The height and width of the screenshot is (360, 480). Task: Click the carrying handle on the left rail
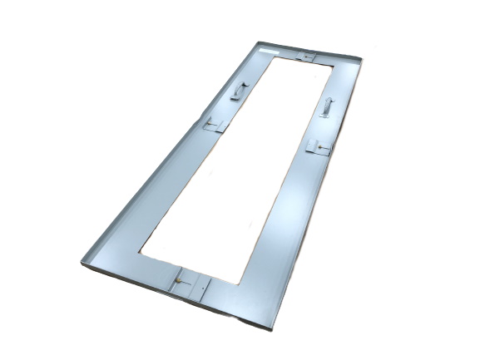point(240,89)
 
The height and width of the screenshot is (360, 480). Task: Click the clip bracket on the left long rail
point(214,125)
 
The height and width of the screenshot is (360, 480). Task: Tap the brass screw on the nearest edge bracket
point(178,282)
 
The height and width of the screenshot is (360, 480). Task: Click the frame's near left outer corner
point(82,262)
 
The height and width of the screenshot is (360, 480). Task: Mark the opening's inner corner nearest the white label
point(272,58)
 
